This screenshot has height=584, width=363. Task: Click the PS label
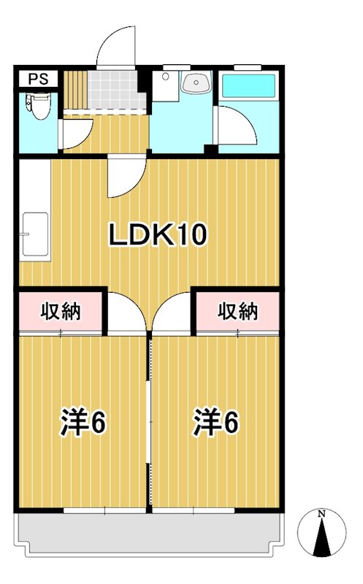point(39,79)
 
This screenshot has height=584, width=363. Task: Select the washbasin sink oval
point(195,84)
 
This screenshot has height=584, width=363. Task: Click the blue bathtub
point(248,85)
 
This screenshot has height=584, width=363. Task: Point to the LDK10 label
point(159,235)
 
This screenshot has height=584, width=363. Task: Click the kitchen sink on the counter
point(34,234)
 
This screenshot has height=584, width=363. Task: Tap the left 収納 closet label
point(60,312)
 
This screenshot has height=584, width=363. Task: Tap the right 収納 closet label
point(238,312)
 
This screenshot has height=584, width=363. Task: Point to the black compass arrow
point(321,540)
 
